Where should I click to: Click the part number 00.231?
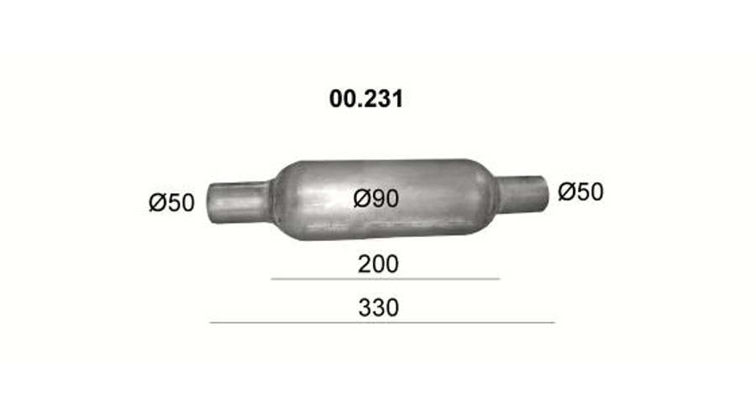[x=366, y=99]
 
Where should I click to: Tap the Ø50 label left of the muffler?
[x=171, y=202]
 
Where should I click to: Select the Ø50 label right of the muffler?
[x=580, y=192]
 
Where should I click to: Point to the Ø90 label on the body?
[x=376, y=198]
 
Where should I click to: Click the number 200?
[x=378, y=265]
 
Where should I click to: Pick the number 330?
[x=379, y=307]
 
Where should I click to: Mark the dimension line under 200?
[x=386, y=279]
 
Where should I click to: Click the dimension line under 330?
[x=382, y=322]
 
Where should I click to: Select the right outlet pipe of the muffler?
[x=522, y=194]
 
